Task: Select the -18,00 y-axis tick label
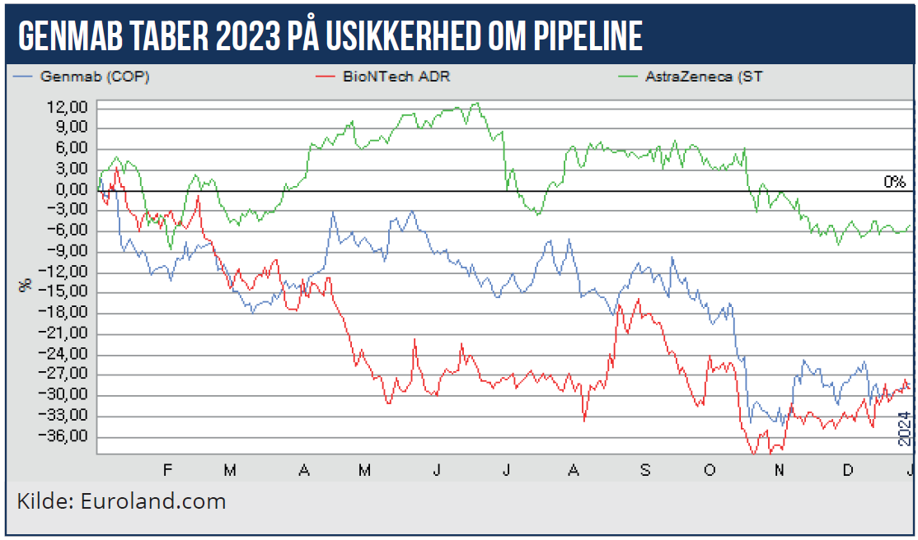point(67,314)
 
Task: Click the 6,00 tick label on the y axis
point(73,149)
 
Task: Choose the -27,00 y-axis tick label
point(67,375)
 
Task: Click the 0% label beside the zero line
point(894,182)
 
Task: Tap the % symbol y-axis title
point(26,285)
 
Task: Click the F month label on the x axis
point(167,469)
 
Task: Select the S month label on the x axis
point(645,469)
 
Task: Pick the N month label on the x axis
point(778,469)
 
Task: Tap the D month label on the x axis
point(846,469)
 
